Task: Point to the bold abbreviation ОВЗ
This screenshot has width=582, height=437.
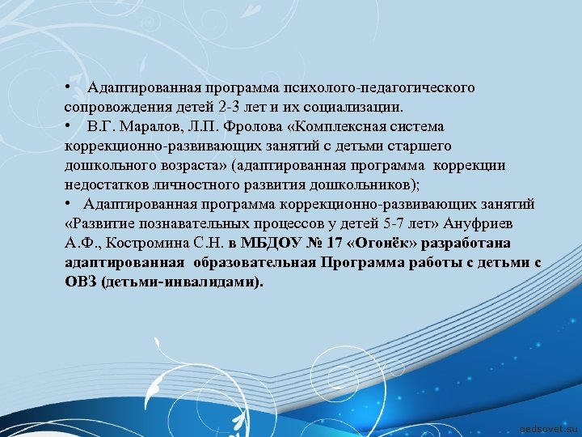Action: point(81,282)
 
